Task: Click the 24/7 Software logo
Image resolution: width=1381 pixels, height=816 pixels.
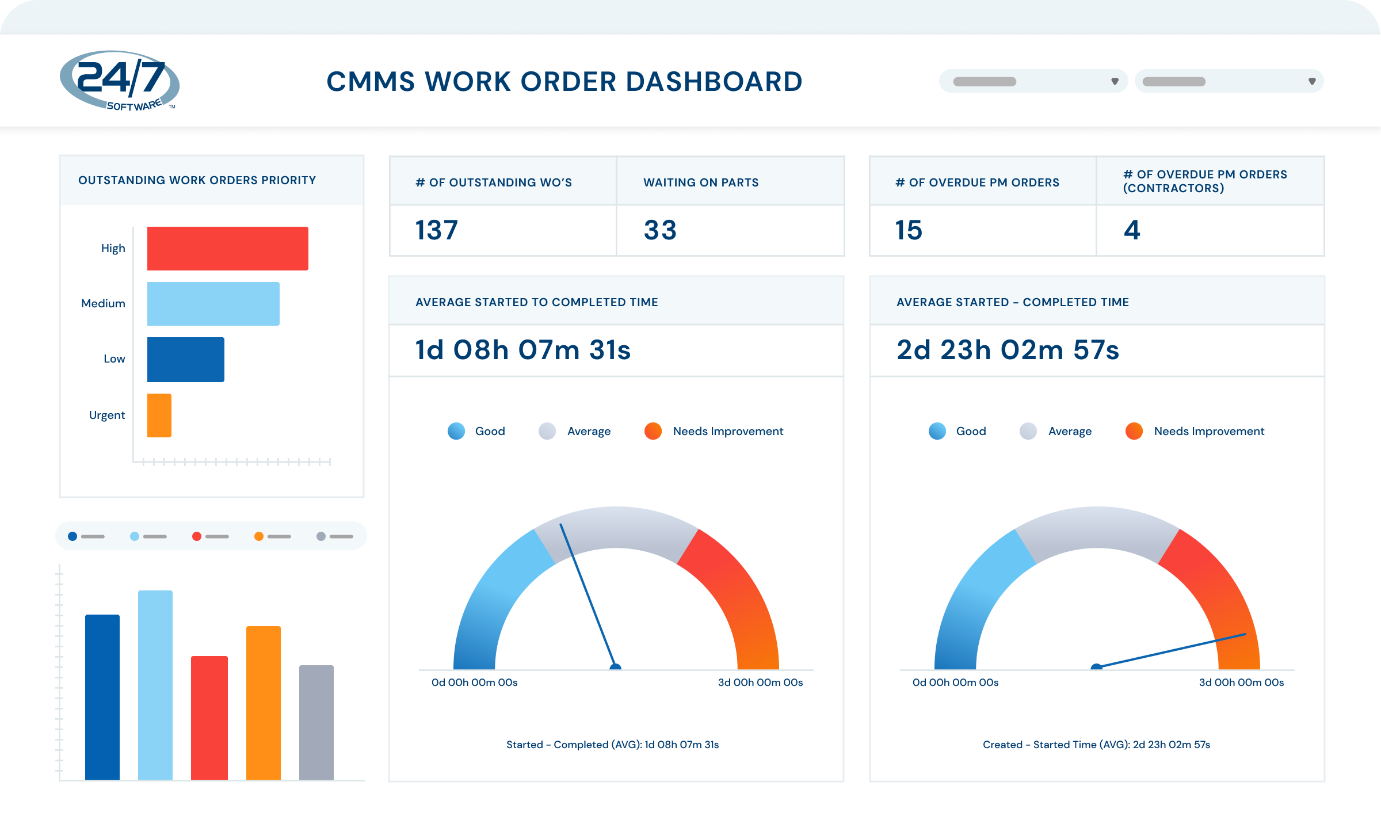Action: pyautogui.click(x=120, y=81)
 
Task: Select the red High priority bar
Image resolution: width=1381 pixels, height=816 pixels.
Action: pyautogui.click(x=227, y=249)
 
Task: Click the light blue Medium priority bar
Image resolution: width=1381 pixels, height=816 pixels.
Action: pyautogui.click(x=213, y=304)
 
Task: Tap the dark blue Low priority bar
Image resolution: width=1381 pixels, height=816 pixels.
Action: pyautogui.click(x=185, y=359)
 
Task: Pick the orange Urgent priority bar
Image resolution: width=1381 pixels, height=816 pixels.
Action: pyautogui.click(x=159, y=415)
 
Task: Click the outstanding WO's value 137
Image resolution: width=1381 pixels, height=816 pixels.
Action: pyautogui.click(x=437, y=230)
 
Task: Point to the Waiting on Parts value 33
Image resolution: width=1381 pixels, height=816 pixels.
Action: pyautogui.click(x=660, y=230)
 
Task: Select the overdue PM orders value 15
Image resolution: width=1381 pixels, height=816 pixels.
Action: pyautogui.click(x=909, y=230)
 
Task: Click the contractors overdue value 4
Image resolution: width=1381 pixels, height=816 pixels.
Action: pyautogui.click(x=1132, y=230)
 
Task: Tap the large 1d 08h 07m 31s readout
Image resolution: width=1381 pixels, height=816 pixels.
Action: pyautogui.click(x=523, y=350)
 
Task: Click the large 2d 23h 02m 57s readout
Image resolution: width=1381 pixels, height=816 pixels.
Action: pyautogui.click(x=1008, y=350)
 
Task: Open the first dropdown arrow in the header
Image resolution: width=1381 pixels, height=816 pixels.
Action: pyautogui.click(x=1115, y=81)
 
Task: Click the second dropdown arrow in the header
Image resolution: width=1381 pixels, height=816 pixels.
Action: pyautogui.click(x=1312, y=81)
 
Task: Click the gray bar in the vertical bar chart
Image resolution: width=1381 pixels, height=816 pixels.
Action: pyautogui.click(x=316, y=722)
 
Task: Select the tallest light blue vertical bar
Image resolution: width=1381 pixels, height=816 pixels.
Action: pyautogui.click(x=155, y=685)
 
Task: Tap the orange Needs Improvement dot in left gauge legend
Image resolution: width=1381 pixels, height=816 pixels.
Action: pyautogui.click(x=653, y=431)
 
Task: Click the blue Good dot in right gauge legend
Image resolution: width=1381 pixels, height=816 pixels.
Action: pyautogui.click(x=937, y=431)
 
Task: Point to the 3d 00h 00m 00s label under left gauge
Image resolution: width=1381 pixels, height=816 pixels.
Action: pyautogui.click(x=760, y=682)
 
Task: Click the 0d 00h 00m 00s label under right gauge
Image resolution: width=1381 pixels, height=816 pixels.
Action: pyautogui.click(x=955, y=682)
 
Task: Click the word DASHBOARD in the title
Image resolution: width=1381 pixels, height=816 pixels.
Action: pyautogui.click(x=714, y=82)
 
